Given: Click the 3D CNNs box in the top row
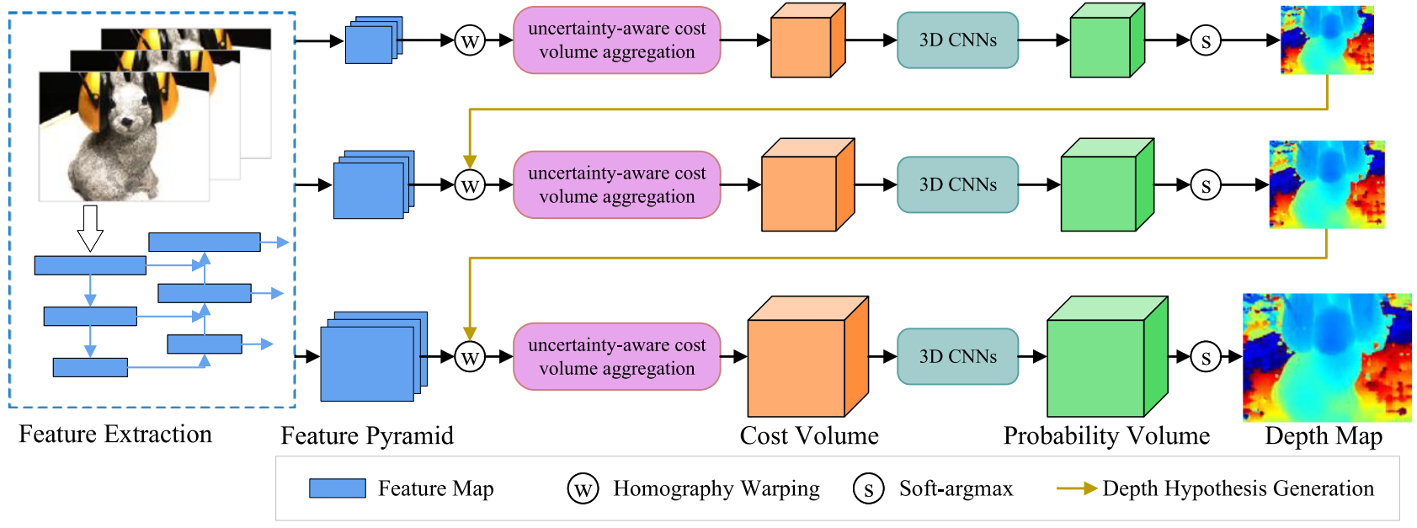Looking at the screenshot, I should [957, 40].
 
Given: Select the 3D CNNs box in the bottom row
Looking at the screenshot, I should [957, 357].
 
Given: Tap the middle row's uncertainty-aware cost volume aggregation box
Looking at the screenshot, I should [616, 185].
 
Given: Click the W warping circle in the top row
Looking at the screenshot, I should [470, 40].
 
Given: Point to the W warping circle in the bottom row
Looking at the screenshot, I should [470, 357].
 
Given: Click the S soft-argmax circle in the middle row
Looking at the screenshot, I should [1206, 185].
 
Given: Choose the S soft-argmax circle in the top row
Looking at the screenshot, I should [1206, 40].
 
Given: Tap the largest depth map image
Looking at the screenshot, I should [1326, 357].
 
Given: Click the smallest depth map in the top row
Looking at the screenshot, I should [1327, 40].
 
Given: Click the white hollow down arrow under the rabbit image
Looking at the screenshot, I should [90, 227].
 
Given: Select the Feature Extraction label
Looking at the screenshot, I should [115, 435].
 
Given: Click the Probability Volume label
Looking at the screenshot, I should [1106, 436].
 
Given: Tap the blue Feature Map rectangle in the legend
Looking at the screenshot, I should [338, 488].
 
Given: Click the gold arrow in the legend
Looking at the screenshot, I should [1076, 488].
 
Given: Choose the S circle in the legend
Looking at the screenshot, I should [868, 488].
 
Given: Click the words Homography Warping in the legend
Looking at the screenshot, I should [716, 488].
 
